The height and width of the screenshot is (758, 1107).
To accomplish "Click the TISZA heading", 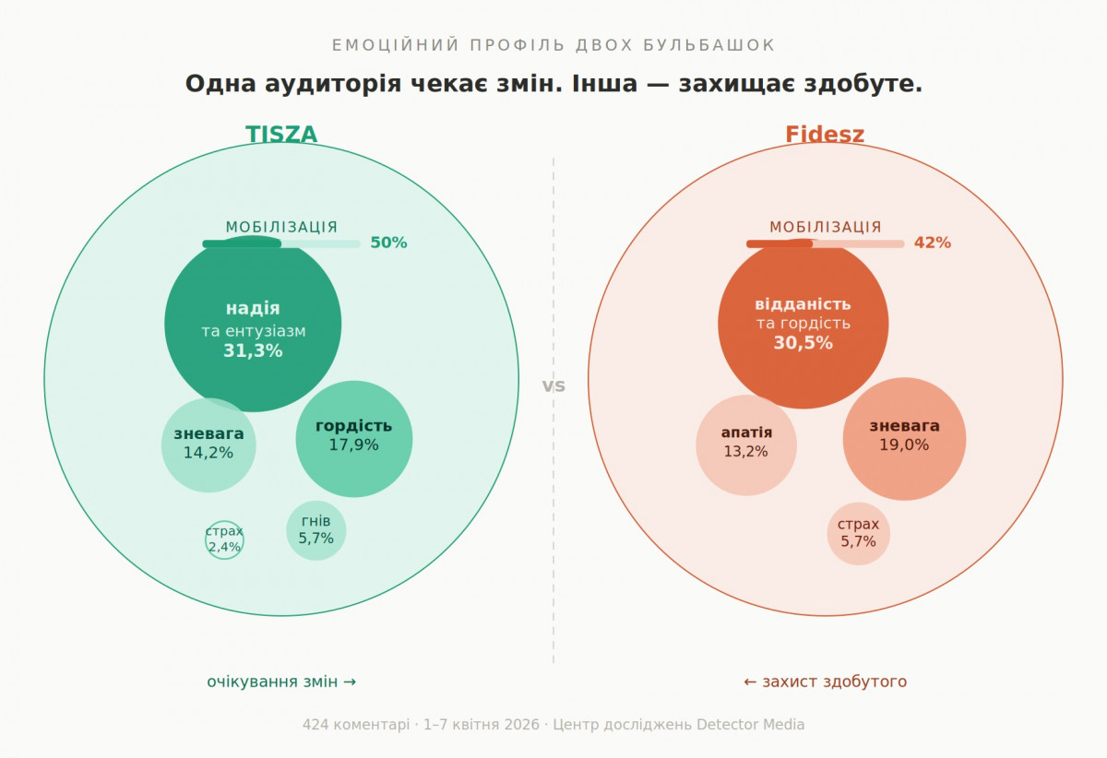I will click(x=281, y=135).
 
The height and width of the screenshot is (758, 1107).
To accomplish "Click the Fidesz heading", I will click(x=825, y=135).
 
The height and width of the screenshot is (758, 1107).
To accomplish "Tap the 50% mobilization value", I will click(x=388, y=243).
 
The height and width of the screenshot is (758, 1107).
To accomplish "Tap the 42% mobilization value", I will click(x=932, y=243).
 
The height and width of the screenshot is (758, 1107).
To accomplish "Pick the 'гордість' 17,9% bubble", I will click(x=353, y=439).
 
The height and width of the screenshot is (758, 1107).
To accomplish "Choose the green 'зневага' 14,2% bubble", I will click(x=208, y=445).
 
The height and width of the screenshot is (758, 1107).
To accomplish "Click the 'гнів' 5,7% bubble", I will click(x=315, y=530).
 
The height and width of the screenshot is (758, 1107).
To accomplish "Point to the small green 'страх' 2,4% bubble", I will click(x=224, y=539).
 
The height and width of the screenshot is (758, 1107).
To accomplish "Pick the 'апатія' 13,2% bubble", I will click(x=745, y=445).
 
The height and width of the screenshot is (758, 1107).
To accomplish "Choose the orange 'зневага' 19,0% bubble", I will click(x=904, y=439).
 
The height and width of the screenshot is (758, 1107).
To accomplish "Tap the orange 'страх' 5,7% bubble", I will click(x=858, y=534).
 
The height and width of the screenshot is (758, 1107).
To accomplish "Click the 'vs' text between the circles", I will click(x=553, y=386).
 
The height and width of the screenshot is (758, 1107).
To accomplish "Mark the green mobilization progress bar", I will click(x=281, y=243).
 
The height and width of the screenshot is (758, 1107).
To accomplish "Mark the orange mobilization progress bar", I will click(x=825, y=243).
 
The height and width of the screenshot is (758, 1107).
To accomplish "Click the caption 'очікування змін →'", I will click(x=281, y=682).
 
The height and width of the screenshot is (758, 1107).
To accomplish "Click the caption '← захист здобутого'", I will click(x=825, y=682).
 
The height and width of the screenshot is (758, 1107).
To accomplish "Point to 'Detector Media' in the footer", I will click(x=750, y=725).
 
